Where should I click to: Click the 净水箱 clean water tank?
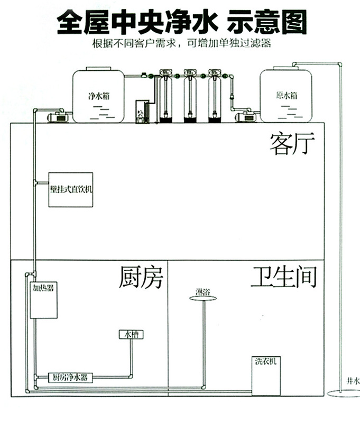click(x=98, y=96)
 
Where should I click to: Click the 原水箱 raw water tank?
click(x=286, y=96)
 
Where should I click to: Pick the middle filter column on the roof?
click(x=190, y=95)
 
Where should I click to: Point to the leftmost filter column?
click(x=165, y=95)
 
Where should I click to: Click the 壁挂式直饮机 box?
click(x=70, y=189)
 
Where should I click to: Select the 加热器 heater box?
click(x=43, y=299)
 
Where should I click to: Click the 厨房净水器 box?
click(x=69, y=378)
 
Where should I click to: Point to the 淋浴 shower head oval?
click(x=203, y=299)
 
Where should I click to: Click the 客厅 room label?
click(x=292, y=144)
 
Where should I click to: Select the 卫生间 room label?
click(x=283, y=277)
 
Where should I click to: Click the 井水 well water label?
click(x=353, y=380)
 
